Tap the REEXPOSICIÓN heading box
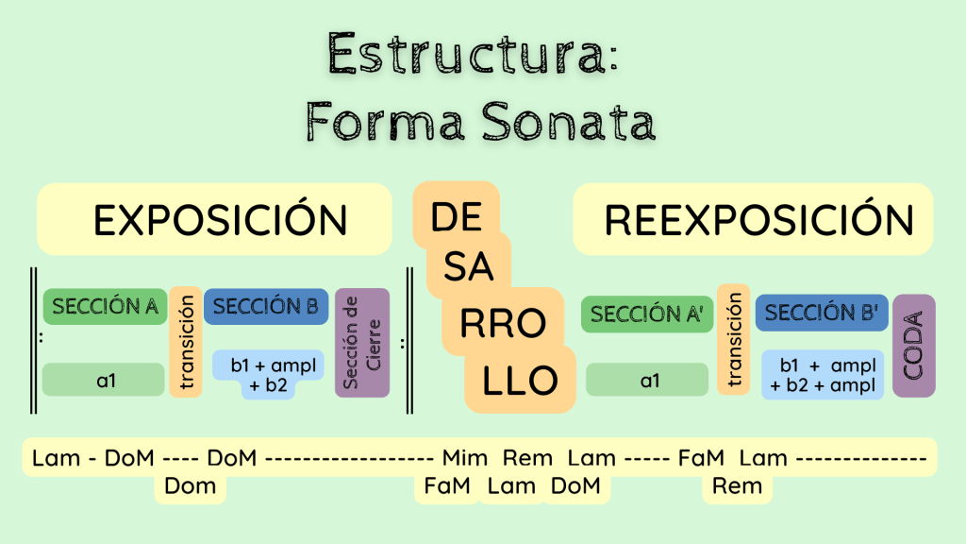(754, 220)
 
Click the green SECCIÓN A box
(105, 307)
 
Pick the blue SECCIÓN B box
(265, 307)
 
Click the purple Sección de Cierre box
(362, 343)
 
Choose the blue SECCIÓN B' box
(822, 314)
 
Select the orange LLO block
(519, 381)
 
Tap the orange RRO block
(502, 324)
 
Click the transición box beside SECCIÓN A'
(733, 337)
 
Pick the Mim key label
(465, 459)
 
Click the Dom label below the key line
(190, 486)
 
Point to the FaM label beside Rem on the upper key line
(701, 459)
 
